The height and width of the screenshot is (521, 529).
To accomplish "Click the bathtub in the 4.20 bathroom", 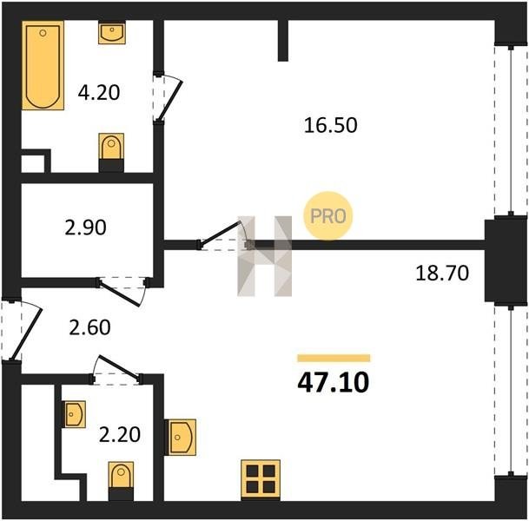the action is tap(43, 65).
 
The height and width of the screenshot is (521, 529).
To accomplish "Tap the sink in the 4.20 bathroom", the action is tap(112, 33).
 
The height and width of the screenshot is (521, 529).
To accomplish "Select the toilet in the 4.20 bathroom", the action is tap(111, 153).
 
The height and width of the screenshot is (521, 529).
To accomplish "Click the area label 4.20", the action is tap(99, 92).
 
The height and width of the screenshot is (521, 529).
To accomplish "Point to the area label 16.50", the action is tap(330, 125).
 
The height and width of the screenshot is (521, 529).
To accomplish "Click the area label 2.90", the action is tap(85, 228).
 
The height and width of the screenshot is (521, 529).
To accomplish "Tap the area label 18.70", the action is tap(442, 273).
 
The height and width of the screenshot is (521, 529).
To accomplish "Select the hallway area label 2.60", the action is tap(89, 327).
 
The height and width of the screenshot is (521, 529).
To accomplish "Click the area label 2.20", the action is tap(120, 434).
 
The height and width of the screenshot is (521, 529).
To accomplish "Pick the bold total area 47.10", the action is tap(334, 383).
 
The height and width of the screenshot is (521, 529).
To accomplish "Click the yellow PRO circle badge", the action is tap(328, 216).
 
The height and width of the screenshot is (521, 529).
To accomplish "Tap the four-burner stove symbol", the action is tap(261, 480).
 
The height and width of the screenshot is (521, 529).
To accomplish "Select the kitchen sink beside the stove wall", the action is tap(180, 437).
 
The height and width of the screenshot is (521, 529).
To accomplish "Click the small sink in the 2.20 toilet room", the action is tap(74, 414).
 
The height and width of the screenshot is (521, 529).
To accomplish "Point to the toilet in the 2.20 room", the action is tap(121, 481).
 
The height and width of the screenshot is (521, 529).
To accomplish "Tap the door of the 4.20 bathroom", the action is tap(170, 100).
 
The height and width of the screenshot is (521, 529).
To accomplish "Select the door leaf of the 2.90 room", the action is tap(120, 293).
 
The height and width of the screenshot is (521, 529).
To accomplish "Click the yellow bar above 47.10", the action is tap(334, 358).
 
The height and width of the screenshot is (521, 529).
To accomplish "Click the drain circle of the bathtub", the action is tap(43, 33).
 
